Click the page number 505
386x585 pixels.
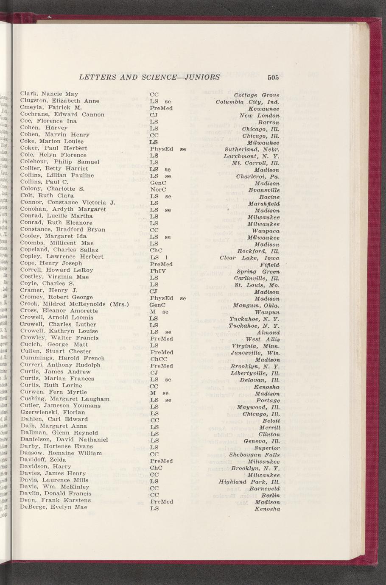273,78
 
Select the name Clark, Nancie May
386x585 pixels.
49,94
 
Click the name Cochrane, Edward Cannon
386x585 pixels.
62,114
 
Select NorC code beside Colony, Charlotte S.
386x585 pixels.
158,189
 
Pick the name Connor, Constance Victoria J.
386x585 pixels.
68,203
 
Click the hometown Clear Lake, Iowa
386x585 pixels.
250,257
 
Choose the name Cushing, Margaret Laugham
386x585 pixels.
65,399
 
